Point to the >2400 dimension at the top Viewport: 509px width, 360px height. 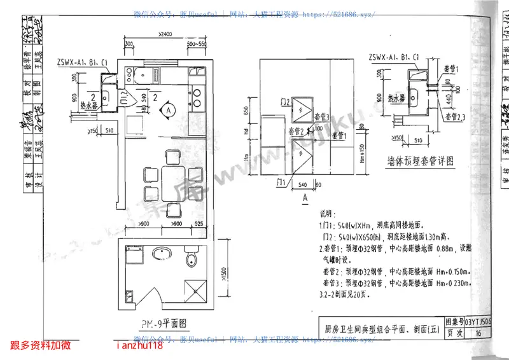click(x=164, y=34)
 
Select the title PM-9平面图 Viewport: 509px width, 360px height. click(x=164, y=322)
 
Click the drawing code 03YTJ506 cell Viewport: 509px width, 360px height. click(x=478, y=322)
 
